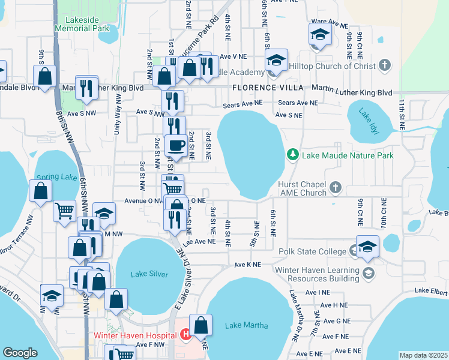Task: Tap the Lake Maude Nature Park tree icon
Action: (x=293, y=155)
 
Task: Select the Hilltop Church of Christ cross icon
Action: (x=385, y=64)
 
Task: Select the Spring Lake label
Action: (x=53, y=177)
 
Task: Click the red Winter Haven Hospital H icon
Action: (x=186, y=334)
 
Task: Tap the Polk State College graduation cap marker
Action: (x=367, y=246)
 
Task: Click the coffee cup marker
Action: (x=176, y=145)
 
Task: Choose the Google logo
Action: (x=20, y=353)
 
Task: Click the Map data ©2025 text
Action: (x=423, y=355)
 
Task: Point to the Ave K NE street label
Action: (x=248, y=264)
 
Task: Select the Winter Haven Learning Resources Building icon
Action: (x=369, y=274)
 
